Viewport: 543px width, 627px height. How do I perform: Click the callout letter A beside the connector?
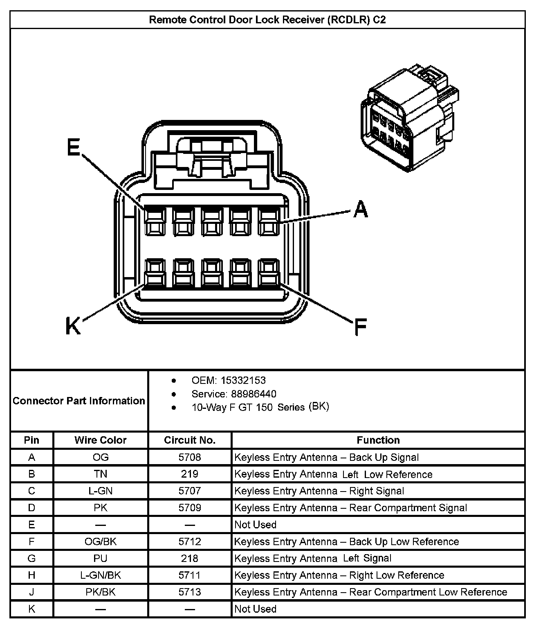pyautogui.click(x=360, y=209)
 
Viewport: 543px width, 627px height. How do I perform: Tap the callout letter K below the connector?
pyautogui.click(x=73, y=327)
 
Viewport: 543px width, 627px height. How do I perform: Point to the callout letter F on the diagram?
pyautogui.click(x=360, y=327)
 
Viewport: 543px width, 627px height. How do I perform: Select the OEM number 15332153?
pyautogui.click(x=243, y=380)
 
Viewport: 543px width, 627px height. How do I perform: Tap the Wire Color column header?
pyautogui.click(x=100, y=440)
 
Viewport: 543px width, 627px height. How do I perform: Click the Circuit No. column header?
pyautogui.click(x=189, y=440)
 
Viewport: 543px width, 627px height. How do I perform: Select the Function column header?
pyautogui.click(x=378, y=440)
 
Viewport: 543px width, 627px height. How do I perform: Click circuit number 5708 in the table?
pyautogui.click(x=189, y=457)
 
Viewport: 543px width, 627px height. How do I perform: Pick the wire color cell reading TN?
pyautogui.click(x=100, y=474)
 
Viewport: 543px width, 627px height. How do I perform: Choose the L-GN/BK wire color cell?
pyautogui.click(x=100, y=575)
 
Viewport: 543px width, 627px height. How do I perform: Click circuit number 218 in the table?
pyautogui.click(x=189, y=558)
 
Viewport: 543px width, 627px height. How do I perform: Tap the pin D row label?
pyautogui.click(x=31, y=508)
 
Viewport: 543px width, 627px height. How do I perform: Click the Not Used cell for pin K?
pyautogui.click(x=255, y=609)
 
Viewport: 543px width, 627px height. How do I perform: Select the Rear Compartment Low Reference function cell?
pyautogui.click(x=370, y=592)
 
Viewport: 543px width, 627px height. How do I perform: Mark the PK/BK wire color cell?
pyautogui.click(x=100, y=592)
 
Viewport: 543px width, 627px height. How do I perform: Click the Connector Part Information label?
pyautogui.click(x=79, y=401)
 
